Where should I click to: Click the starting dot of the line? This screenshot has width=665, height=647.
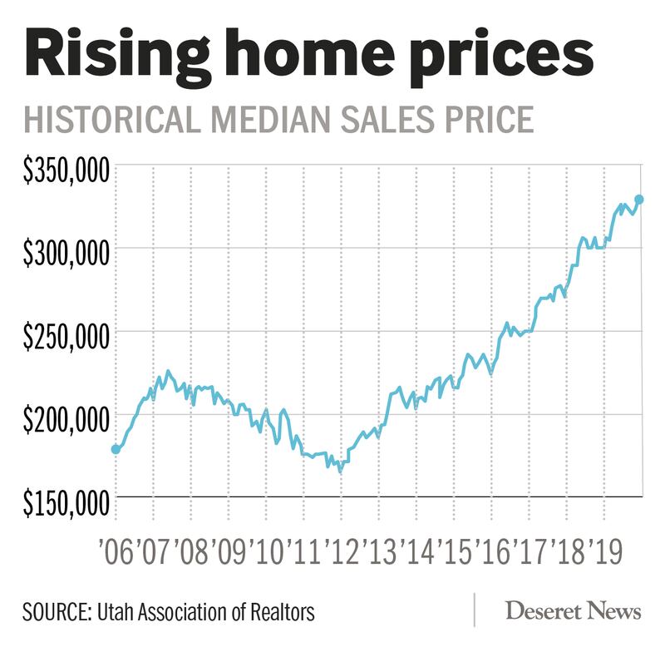116,449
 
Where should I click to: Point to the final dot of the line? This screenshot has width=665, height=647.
639,200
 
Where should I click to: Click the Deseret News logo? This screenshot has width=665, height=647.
574,612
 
